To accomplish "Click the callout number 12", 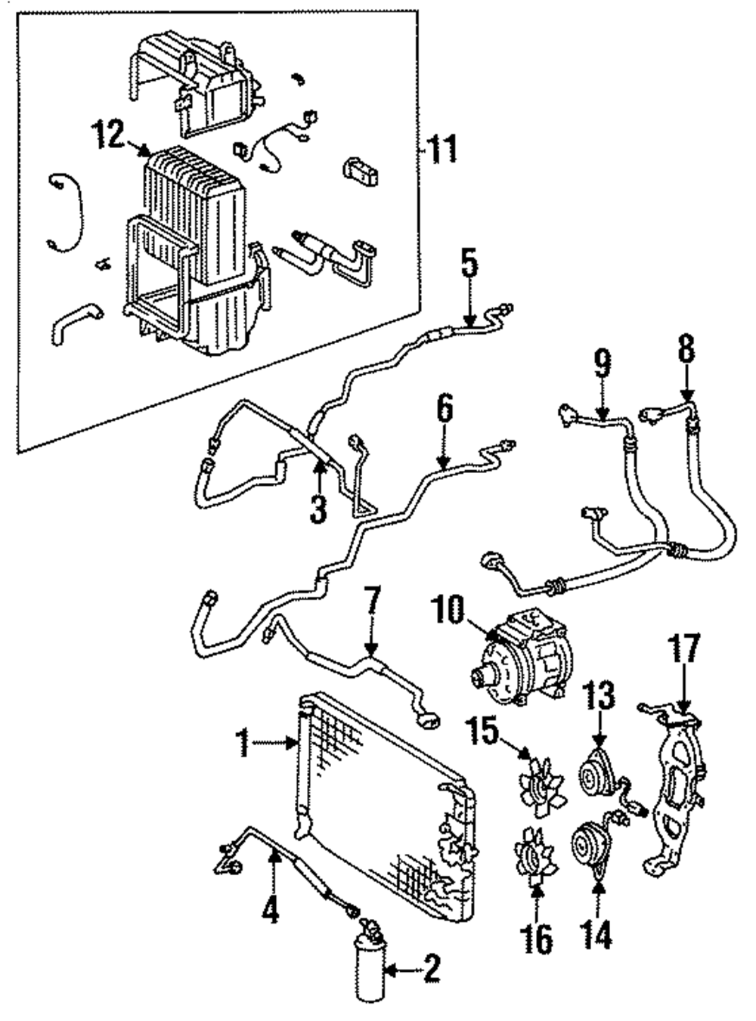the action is [110, 134].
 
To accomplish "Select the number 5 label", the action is [469, 263].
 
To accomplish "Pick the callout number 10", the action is [448, 611].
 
